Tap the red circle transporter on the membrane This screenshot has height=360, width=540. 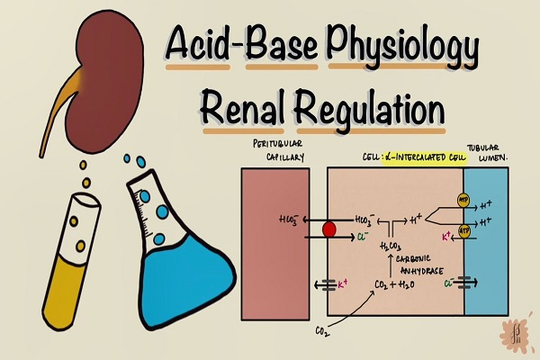coord(328,229)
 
